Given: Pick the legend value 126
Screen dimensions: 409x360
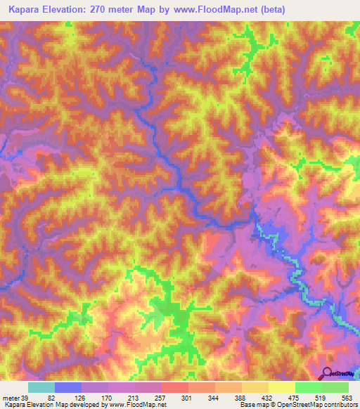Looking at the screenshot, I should pos(89,398).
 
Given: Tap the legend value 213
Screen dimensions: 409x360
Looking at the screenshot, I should pos(150,398).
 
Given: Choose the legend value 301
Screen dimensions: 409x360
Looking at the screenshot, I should pos(212,398).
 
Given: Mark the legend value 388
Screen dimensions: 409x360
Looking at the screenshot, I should pos(273,398).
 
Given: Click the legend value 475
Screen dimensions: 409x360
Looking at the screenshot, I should pos(334,398).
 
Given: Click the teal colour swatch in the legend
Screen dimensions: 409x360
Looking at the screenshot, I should pos(41,387).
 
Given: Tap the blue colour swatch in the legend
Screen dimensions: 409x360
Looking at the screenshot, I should pos(68,387).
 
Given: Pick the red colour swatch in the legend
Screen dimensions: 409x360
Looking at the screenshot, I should pos(175,387).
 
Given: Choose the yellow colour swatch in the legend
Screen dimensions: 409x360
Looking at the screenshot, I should pos(281,387).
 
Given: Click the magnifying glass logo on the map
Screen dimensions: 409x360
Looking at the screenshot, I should pos(326,374).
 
